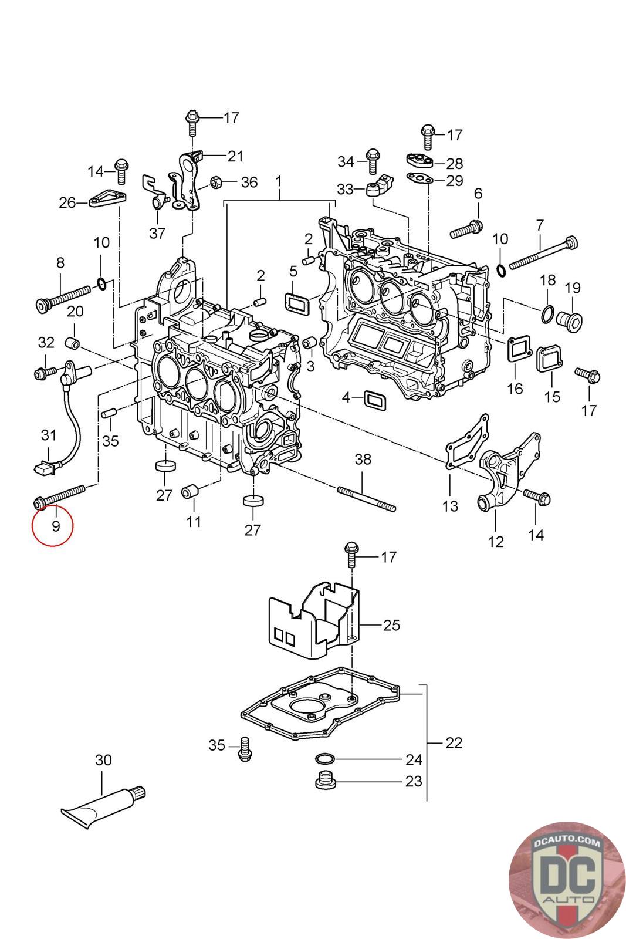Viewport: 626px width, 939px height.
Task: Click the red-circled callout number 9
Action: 56,526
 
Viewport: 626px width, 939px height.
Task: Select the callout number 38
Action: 363,459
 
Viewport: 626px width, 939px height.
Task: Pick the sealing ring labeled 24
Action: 322,759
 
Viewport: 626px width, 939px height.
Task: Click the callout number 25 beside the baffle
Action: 391,625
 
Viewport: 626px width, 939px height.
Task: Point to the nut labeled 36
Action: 215,182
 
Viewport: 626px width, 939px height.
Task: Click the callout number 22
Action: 454,742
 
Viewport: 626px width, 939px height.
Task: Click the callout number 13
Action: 450,505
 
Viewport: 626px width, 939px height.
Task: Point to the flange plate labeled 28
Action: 419,159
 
